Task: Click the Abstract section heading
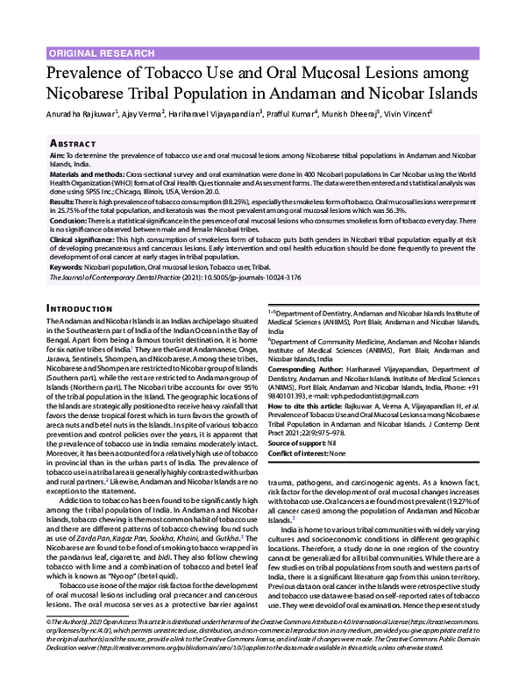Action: click(x=73, y=141)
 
